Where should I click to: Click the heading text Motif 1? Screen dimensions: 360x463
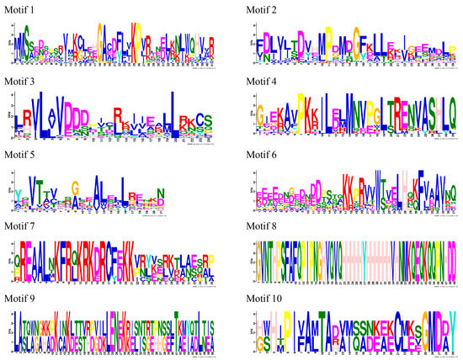tap(19, 8)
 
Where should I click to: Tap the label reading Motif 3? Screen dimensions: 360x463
tap(19, 81)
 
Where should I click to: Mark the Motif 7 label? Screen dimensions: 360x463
tap(19, 225)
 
